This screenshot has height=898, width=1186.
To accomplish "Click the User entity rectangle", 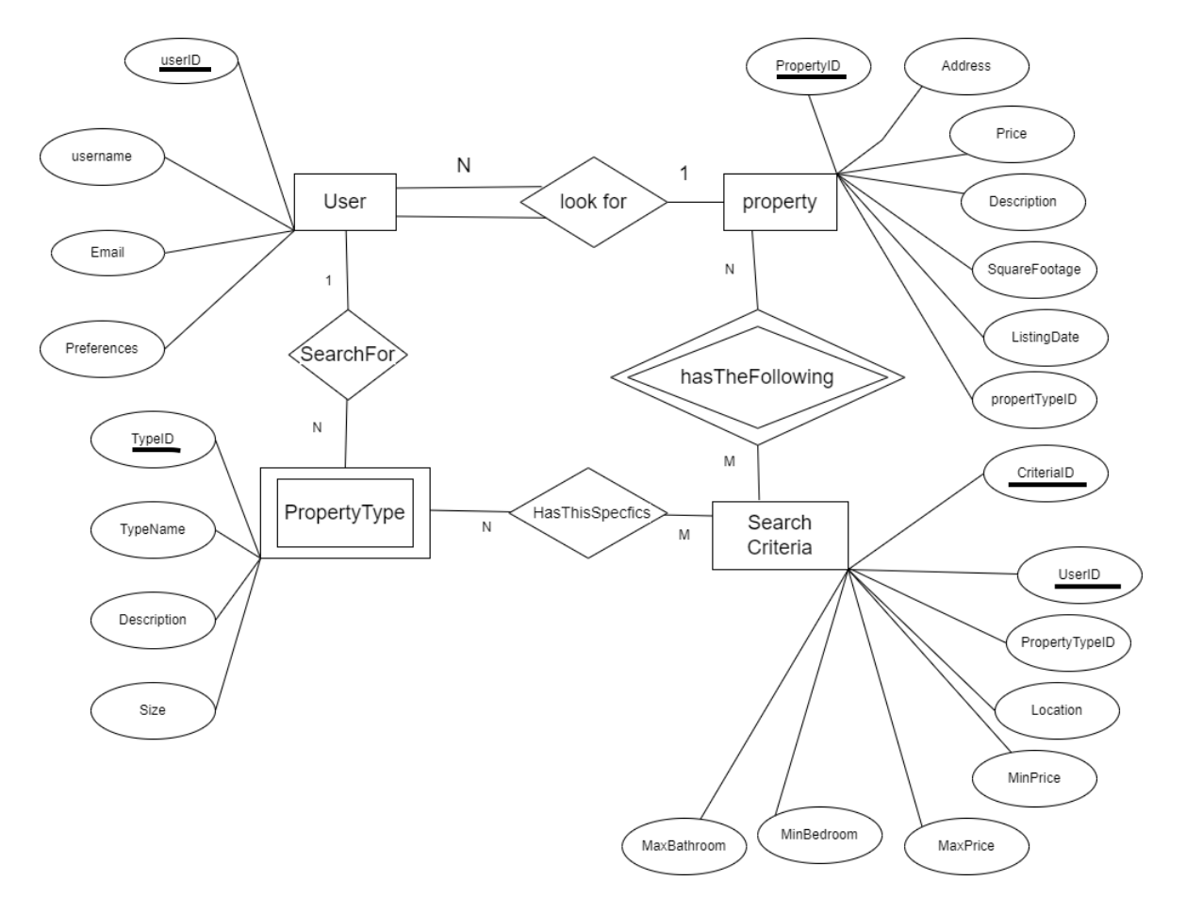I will [x=344, y=201].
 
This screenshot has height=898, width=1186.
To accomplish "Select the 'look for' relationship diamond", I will [x=594, y=201].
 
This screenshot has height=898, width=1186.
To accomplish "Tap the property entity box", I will [x=780, y=201].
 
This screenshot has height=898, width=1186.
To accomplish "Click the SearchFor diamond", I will [x=348, y=355].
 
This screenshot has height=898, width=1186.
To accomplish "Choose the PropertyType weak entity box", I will [x=344, y=512].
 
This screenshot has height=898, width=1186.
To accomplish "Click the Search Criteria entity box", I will [x=780, y=535].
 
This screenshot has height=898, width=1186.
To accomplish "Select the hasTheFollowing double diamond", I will [x=750, y=377].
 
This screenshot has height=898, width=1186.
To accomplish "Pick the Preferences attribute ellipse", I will [x=103, y=347].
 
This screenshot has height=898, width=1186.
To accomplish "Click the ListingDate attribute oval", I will [x=1030, y=336].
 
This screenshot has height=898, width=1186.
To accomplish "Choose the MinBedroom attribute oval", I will [x=819, y=833].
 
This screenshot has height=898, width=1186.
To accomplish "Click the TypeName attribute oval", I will [x=152, y=529].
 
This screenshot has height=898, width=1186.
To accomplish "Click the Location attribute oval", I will [x=1057, y=710].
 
